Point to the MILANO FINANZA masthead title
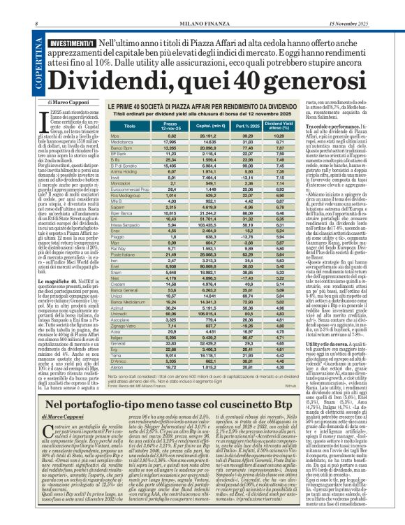click(202, 6)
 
